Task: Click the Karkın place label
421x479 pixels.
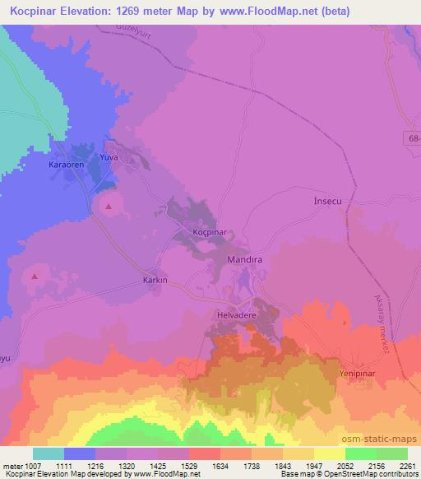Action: [155, 280]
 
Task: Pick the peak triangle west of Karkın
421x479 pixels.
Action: [34, 277]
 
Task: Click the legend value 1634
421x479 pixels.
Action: [220, 465]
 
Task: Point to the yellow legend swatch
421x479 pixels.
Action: [329, 453]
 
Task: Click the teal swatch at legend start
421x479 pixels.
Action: [49, 453]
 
